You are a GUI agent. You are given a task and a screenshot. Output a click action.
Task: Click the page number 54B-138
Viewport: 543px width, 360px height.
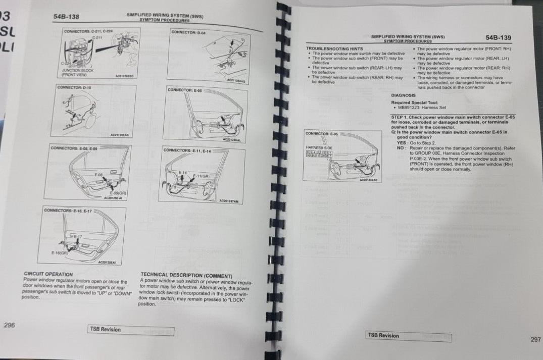point(66,17)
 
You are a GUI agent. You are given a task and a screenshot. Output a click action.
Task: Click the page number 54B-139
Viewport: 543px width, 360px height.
point(498,37)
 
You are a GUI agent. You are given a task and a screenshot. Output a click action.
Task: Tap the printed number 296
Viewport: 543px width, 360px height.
point(9,325)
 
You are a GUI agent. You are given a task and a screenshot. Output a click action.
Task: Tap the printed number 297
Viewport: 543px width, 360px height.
point(535,340)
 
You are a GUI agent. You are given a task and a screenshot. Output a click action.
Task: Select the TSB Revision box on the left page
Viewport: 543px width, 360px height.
point(130,330)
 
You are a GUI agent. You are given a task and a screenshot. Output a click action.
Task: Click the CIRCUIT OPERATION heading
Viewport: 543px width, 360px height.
point(48,274)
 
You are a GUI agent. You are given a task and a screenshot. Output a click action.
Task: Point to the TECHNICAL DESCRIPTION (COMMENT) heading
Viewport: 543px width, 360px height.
point(186,276)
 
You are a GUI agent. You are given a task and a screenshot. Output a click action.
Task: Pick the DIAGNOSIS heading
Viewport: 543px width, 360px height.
point(403,95)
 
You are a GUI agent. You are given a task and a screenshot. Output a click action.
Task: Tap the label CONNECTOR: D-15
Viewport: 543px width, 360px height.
point(74,87)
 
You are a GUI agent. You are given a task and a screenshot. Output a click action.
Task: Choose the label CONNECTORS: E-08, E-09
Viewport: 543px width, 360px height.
point(74,148)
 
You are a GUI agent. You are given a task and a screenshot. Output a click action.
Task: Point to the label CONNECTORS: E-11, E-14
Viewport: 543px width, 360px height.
point(187,150)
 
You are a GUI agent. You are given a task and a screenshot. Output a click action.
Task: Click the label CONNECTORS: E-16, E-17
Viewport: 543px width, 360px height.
point(67,210)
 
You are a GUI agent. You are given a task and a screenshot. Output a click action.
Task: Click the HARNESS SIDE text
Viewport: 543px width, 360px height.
point(318,147)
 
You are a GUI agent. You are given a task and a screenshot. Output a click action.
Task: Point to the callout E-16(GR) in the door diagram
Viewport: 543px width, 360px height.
point(60,252)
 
